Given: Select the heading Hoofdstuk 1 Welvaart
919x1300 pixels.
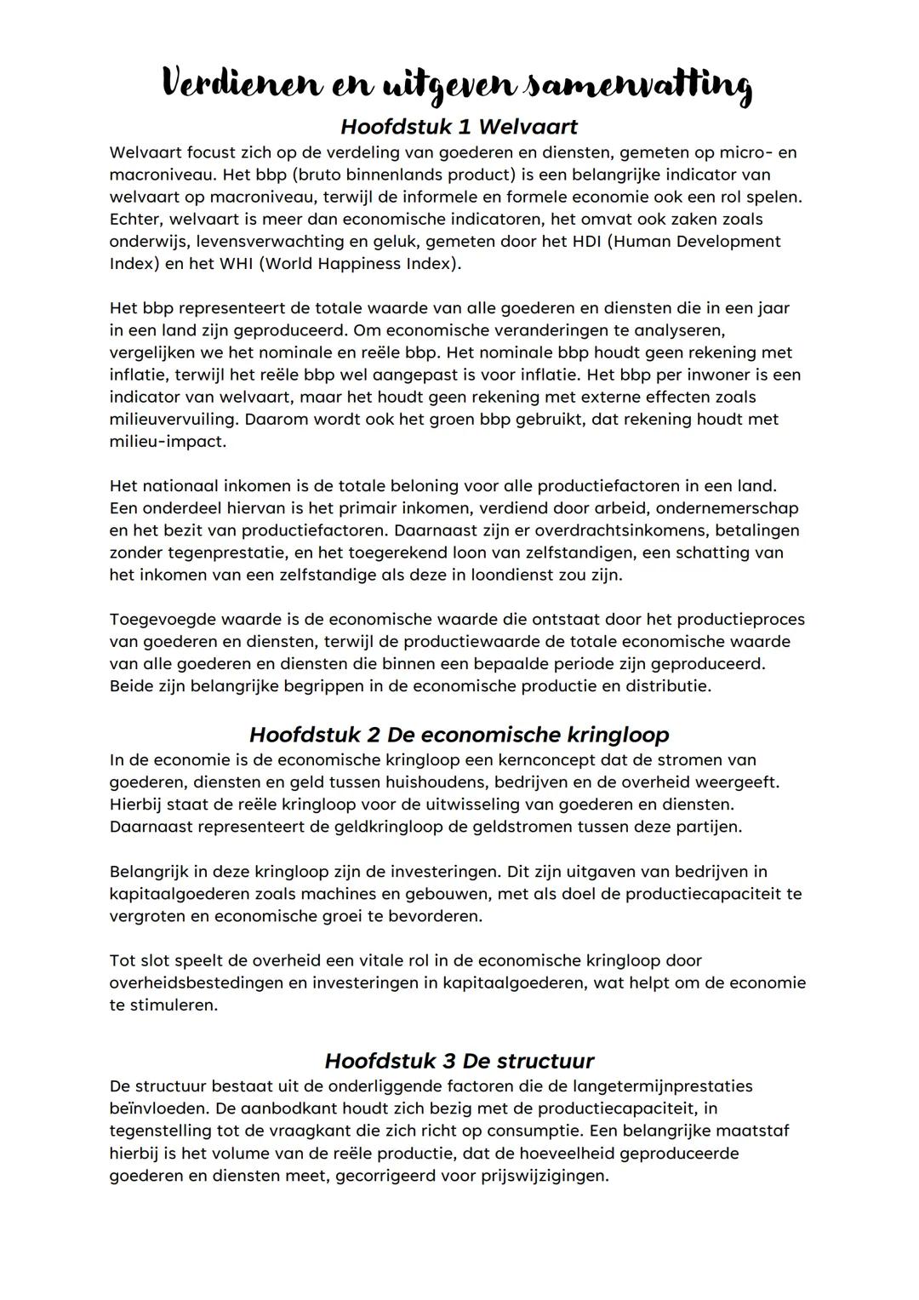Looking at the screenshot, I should tap(459, 127).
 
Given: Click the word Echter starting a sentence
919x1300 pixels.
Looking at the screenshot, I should tap(136, 220).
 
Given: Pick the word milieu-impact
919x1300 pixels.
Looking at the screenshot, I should tap(168, 442).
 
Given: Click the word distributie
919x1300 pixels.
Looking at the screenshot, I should tap(668, 686).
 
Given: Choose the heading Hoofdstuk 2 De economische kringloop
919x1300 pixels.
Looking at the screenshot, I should tap(459, 735).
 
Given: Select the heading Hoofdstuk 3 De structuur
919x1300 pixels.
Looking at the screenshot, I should tap(459, 1061).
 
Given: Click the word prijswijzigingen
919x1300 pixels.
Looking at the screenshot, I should tap(536, 1177).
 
